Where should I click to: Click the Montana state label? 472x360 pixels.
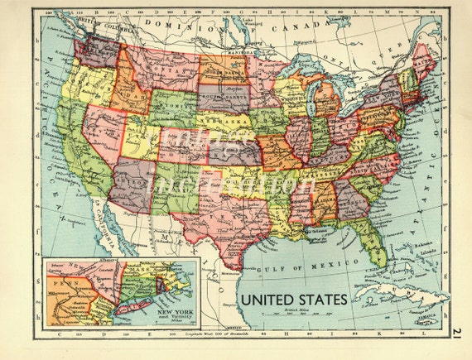point(161,72)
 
